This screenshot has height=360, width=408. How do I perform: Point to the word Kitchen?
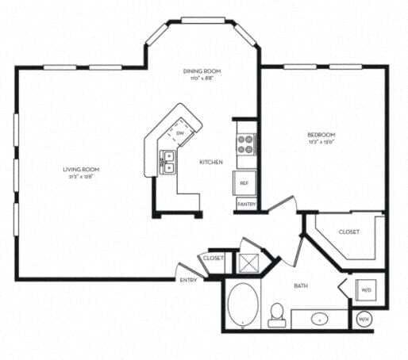click(x=211, y=163)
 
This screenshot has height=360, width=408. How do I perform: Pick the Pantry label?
click(x=245, y=204)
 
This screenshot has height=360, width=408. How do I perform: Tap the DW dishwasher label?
click(x=180, y=132)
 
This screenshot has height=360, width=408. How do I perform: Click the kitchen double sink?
click(x=168, y=161)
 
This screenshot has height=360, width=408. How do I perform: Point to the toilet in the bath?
click(x=277, y=314)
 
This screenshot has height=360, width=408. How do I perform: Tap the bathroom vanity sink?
click(x=321, y=320)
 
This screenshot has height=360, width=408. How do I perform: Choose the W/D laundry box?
click(x=366, y=290)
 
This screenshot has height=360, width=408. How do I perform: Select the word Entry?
click(x=189, y=280)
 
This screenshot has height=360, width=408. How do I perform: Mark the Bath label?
click(x=302, y=285)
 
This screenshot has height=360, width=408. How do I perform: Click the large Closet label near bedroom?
click(x=348, y=232)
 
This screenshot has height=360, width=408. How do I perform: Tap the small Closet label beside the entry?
click(x=212, y=259)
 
